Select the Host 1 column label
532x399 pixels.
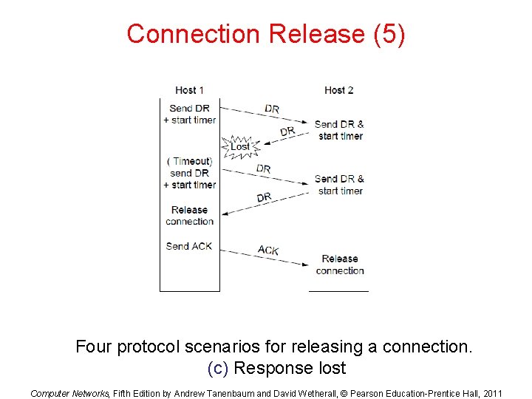pyautogui.click(x=190, y=90)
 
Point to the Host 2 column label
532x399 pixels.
pyautogui.click(x=339, y=90)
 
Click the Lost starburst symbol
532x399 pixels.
pyautogui.click(x=240, y=146)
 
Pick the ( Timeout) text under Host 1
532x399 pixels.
pyautogui.click(x=190, y=161)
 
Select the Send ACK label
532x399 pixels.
pyautogui.click(x=189, y=246)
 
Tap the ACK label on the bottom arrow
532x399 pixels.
pyautogui.click(x=268, y=250)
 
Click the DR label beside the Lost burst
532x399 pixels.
pyautogui.click(x=287, y=132)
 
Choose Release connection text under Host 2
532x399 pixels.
pyautogui.click(x=340, y=265)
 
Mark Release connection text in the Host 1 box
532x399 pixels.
pyautogui.click(x=190, y=216)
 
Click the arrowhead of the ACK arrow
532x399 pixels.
pyautogui.click(x=305, y=264)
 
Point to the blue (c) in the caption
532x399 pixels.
pyautogui.click(x=217, y=368)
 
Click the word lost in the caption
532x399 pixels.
pyautogui.click(x=330, y=368)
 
